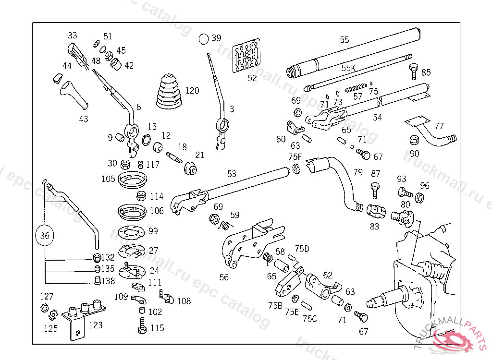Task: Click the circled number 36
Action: (x=45, y=236)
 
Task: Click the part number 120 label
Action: (x=192, y=91)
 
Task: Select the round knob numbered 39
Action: (x=204, y=38)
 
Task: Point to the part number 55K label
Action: (x=348, y=68)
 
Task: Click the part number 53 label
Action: (x=232, y=173)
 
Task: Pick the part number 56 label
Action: (x=224, y=277)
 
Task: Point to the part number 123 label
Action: (x=96, y=325)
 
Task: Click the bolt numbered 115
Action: (x=142, y=329)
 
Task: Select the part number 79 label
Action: (x=358, y=172)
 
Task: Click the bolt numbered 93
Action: (x=404, y=193)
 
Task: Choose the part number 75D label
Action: (x=302, y=249)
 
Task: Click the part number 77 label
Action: (x=439, y=126)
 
